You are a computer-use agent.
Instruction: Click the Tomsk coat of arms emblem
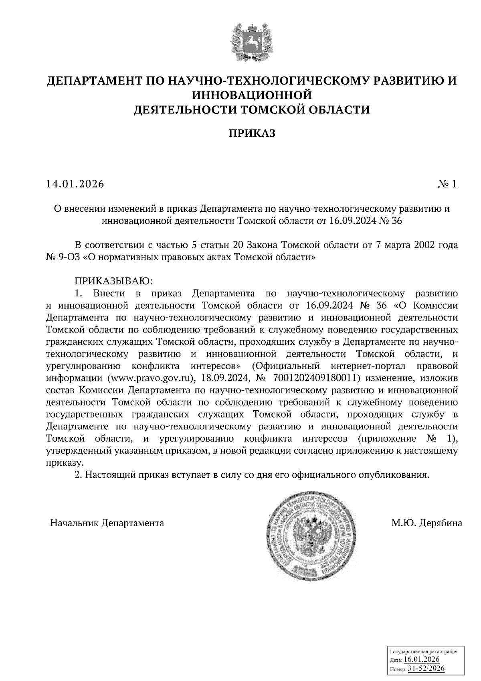[248, 42]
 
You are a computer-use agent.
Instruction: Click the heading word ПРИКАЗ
[252, 133]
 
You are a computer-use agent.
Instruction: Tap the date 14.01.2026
[75, 184]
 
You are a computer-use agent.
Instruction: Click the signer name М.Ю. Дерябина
[427, 523]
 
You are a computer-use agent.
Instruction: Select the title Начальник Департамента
[107, 523]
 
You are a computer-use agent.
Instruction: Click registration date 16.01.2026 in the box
[422, 660]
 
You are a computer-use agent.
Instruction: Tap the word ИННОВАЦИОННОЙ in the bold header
[252, 95]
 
